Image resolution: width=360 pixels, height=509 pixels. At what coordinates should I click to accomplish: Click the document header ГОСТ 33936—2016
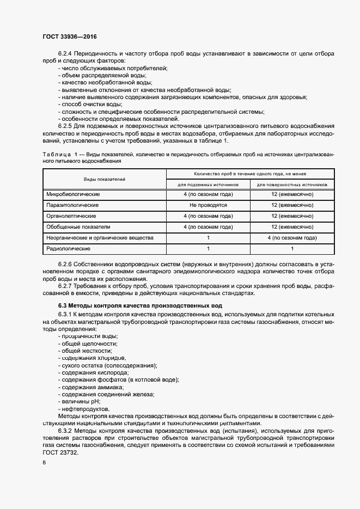pos(69,37)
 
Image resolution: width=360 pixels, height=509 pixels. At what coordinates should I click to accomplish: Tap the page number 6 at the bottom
pos(44,462)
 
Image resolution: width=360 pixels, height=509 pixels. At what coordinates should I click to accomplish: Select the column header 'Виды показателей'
pos(104,179)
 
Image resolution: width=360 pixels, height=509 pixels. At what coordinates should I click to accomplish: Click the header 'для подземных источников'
pos(208,185)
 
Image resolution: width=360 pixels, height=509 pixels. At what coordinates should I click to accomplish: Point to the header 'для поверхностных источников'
pos(292,185)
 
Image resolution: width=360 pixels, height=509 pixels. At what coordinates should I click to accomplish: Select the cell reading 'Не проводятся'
pos(208,205)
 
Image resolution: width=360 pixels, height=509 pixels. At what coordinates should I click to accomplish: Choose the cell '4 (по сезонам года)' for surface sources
pos(292,238)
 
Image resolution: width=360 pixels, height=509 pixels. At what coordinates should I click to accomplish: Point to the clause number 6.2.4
pos(65,54)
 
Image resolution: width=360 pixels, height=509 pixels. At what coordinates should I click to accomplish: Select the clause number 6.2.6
pos(65,264)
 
